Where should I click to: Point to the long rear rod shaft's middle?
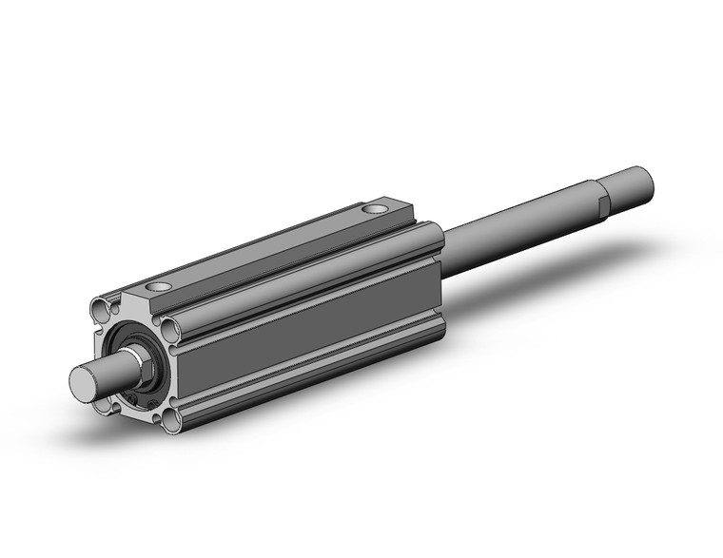point(514,233)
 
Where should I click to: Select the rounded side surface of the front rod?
point(109,368)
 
